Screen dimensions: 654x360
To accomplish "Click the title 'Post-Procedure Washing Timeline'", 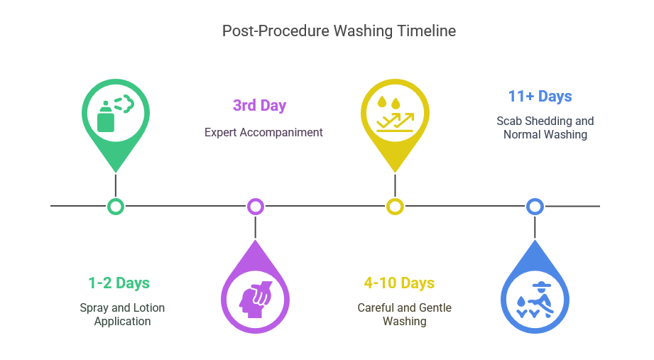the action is (x=339, y=31).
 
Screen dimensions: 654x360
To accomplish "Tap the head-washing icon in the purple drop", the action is (x=255, y=299).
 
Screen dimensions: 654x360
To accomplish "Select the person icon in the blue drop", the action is (x=535, y=300).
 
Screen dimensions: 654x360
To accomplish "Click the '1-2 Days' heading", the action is (x=119, y=283).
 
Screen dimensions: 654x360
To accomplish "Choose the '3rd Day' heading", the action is (x=259, y=106).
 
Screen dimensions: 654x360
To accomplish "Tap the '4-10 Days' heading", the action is (x=399, y=283).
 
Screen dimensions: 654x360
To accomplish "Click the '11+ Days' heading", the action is (x=540, y=97).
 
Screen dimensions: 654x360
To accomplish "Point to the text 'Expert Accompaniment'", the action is (x=263, y=132).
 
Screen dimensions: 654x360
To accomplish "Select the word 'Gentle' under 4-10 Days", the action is (x=435, y=307).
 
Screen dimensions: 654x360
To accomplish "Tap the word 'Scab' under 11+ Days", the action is (x=509, y=121).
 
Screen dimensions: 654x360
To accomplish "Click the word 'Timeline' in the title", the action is (x=426, y=31).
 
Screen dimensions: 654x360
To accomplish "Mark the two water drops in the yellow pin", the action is (x=388, y=102).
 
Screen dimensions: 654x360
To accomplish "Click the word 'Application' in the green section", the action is (x=122, y=322).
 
